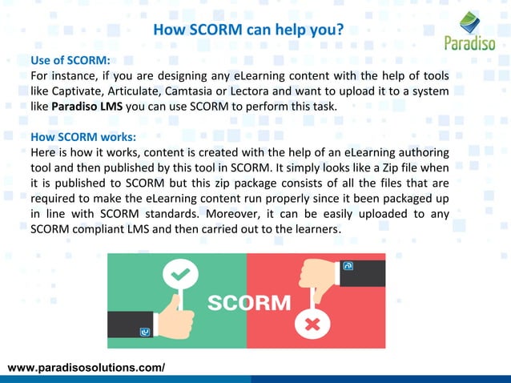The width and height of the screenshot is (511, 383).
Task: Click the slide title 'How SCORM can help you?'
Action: (248, 31)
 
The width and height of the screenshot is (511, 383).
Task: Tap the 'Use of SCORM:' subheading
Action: (70, 61)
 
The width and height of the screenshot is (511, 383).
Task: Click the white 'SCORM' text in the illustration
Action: (250, 304)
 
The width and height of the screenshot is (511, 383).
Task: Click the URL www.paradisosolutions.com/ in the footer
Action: (86, 367)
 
